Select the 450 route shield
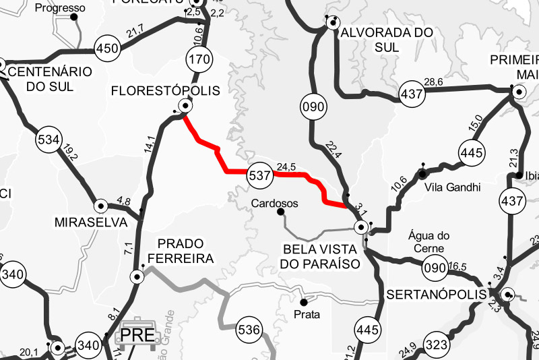pyautogui.click(x=107, y=49)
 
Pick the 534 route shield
pyautogui.click(x=49, y=140)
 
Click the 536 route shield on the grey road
pyautogui.click(x=249, y=330)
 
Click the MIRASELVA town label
pyautogui.click(x=90, y=222)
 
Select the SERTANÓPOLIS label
pyautogui.click(x=437, y=295)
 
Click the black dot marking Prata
pyautogui.click(x=303, y=301)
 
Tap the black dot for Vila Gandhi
pyautogui.click(x=422, y=174)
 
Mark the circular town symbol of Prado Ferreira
pyautogui.click(x=137, y=276)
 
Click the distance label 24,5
pyautogui.click(x=287, y=166)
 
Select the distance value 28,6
pyautogui.click(x=433, y=82)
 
